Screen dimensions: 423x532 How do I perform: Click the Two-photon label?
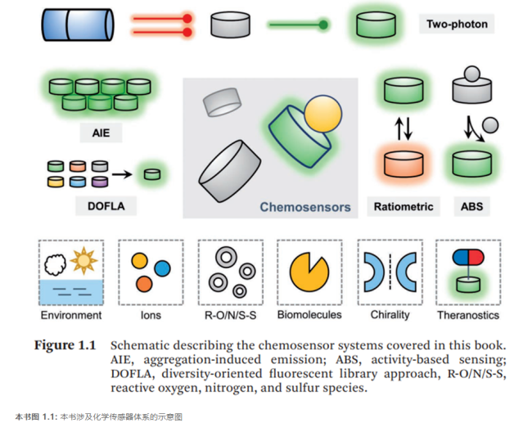tap(457, 24)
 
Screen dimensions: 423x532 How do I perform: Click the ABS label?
tap(471, 207)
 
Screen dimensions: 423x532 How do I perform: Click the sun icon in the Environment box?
tap(84, 261)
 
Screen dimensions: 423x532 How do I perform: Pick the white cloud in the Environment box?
tap(56, 264)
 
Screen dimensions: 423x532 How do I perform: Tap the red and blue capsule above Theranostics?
tap(467, 259)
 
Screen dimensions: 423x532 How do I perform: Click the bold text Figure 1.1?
tap(65, 344)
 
